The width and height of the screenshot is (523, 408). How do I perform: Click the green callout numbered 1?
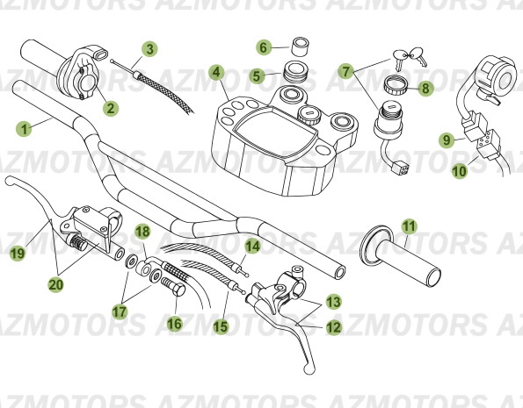click(25, 127)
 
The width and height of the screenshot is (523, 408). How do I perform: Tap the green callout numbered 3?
click(150, 48)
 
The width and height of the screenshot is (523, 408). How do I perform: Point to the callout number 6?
click(263, 47)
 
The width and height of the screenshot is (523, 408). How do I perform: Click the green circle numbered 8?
click(425, 88)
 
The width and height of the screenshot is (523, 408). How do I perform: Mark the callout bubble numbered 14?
click(252, 247)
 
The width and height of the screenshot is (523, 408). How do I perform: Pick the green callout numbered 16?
click(175, 324)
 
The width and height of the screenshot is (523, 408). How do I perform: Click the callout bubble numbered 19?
click(16, 254)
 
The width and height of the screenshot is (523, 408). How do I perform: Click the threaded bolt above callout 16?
click(175, 286)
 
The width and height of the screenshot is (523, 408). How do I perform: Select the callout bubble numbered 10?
click(460, 172)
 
